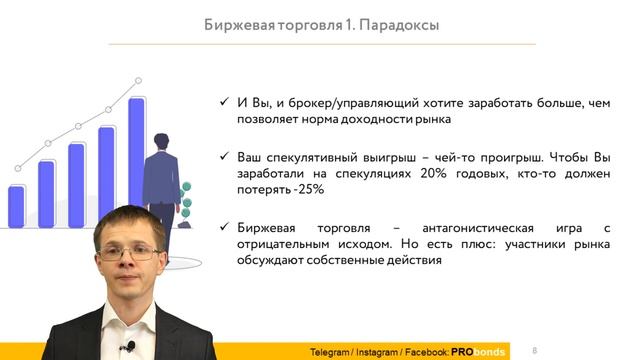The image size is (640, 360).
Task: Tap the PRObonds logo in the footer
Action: click(x=481, y=351)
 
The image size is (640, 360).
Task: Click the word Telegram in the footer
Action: click(x=331, y=351)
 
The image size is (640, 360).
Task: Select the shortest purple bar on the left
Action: click(x=16, y=207)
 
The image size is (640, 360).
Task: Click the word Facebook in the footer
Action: click(x=427, y=351)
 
